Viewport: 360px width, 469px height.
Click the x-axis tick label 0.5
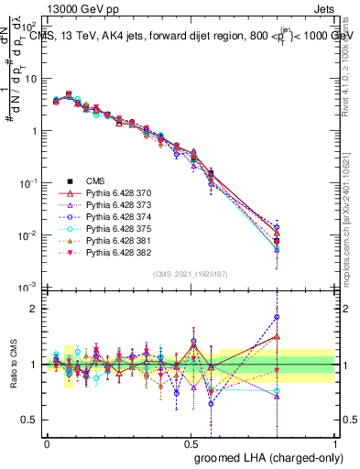[x=191, y=442]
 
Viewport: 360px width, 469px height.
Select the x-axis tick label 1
[x=335, y=442]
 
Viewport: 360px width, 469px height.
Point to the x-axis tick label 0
[x=47, y=442]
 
